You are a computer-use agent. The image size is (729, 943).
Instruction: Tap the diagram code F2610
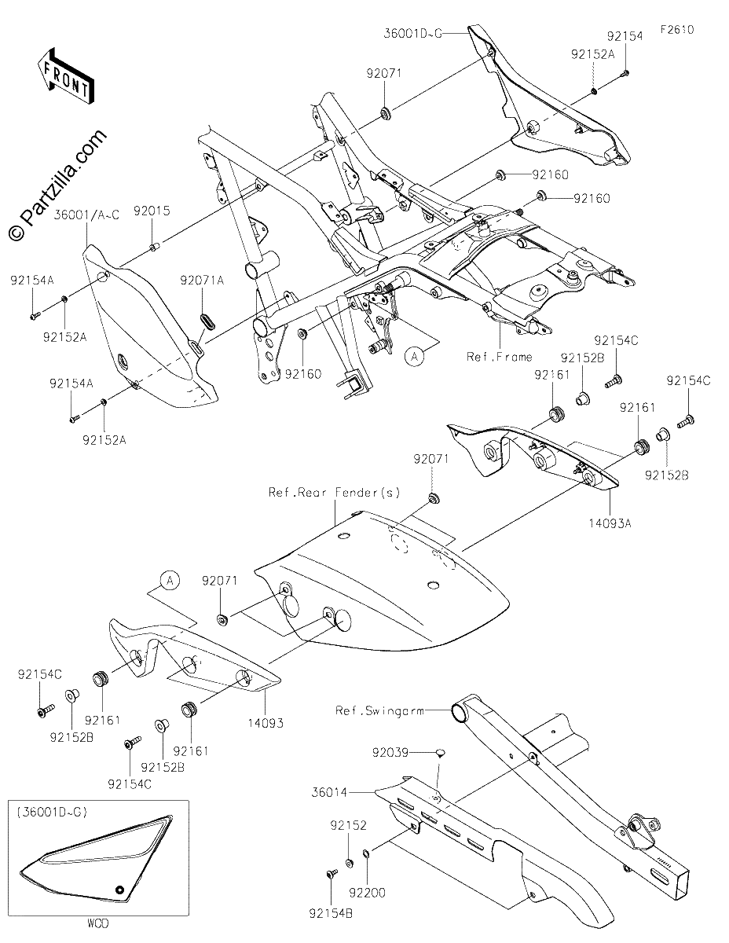tap(677, 30)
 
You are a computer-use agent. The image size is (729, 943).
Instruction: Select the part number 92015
tap(152, 211)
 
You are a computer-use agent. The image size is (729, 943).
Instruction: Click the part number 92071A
tap(202, 281)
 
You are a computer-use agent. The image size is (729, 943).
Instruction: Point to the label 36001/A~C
tap(86, 215)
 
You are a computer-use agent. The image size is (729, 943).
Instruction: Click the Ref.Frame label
tap(499, 357)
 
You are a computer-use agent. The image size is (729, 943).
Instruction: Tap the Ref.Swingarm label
tap(379, 711)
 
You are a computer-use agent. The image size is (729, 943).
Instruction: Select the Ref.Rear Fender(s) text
tap(334, 493)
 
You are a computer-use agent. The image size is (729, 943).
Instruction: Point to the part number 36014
tap(329, 793)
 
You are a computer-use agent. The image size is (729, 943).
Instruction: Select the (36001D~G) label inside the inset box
tap(52, 812)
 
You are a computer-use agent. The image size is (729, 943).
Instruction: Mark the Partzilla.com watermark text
tap(57, 185)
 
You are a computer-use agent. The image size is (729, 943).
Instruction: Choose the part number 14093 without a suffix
tap(266, 723)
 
